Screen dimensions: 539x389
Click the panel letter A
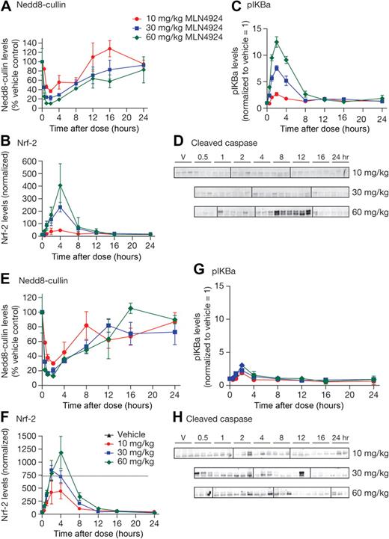coord(5,6)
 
